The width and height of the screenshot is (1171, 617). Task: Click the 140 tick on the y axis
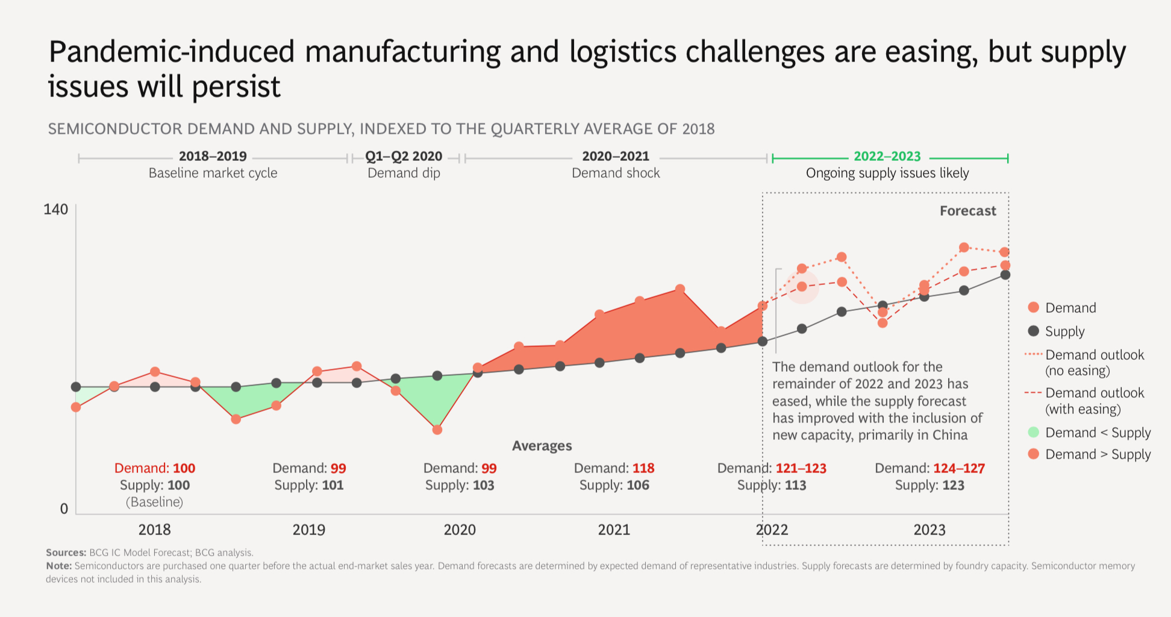pyautogui.click(x=55, y=210)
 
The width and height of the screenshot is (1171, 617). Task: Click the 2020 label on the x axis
pyautogui.click(x=460, y=530)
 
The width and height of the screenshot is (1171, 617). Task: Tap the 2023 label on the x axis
pyautogui.click(x=929, y=530)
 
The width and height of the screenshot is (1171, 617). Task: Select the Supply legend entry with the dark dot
pyautogui.click(x=1064, y=331)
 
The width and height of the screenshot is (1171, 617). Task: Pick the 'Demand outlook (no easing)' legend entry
pyautogui.click(x=1094, y=363)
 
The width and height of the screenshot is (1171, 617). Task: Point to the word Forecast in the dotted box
pyautogui.click(x=967, y=211)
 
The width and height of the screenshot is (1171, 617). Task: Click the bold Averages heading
pyautogui.click(x=542, y=446)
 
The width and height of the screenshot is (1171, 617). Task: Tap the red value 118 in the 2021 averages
pyautogui.click(x=643, y=468)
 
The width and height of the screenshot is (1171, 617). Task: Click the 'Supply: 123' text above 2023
pyautogui.click(x=929, y=485)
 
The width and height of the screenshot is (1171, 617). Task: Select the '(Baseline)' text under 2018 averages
pyautogui.click(x=154, y=502)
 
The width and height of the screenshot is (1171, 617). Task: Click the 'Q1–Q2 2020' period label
pyautogui.click(x=404, y=157)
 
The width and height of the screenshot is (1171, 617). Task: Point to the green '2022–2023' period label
pyautogui.click(x=887, y=157)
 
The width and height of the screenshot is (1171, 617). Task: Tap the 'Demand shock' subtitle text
pyautogui.click(x=616, y=174)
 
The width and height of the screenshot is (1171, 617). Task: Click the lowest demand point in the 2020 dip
pyautogui.click(x=437, y=430)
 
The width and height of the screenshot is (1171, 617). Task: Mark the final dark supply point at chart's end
pyautogui.click(x=1005, y=275)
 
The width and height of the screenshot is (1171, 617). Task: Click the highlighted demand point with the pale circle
pyautogui.click(x=802, y=287)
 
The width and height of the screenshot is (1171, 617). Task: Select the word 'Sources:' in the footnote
pyautogui.click(x=66, y=553)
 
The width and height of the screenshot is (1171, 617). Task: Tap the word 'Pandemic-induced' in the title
pyautogui.click(x=171, y=52)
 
